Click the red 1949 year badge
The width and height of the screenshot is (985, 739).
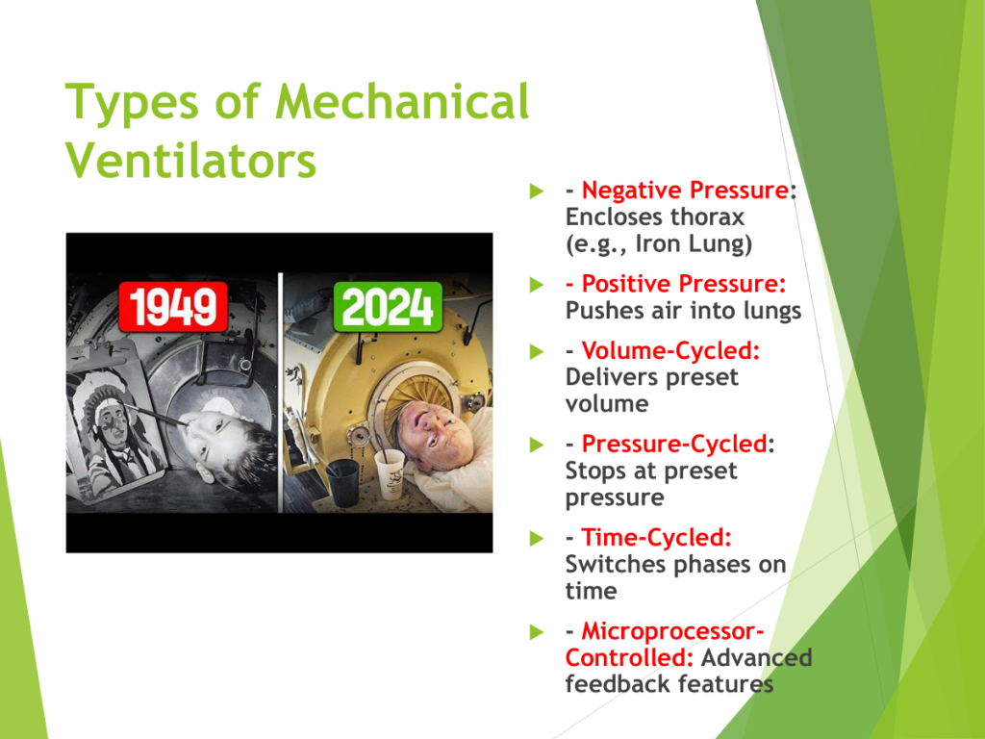coord(173,307)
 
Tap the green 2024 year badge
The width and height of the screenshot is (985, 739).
coord(388,307)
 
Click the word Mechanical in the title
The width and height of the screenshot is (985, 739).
coord(402,101)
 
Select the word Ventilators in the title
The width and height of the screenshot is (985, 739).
coord(190,161)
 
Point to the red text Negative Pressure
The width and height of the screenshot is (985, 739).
coord(685,190)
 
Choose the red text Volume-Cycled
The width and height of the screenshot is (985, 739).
coord(670,350)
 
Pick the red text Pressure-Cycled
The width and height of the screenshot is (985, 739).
coord(674,444)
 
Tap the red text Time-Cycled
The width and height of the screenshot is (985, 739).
coord(656,537)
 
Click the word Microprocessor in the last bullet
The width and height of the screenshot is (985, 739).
coord(672,631)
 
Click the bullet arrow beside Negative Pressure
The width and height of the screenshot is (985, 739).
coord(537,191)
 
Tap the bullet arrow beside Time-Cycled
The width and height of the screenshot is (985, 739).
coord(537,538)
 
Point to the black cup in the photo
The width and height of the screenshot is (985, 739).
coord(343,481)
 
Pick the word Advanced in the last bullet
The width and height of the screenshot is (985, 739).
coord(756,658)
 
